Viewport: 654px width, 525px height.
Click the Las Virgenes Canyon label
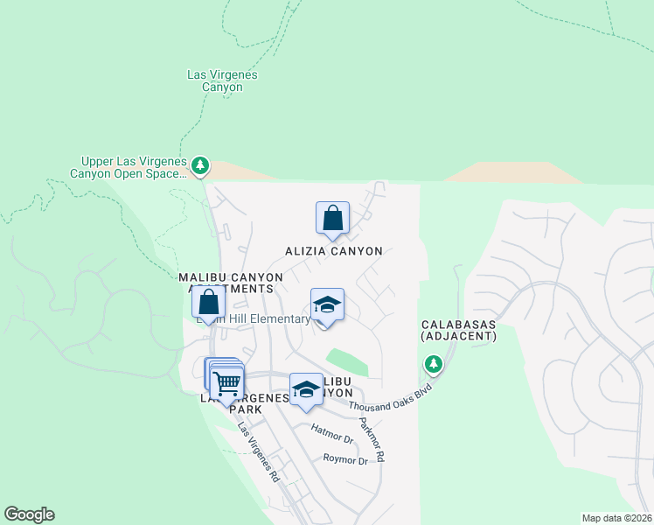pyautogui.click(x=223, y=80)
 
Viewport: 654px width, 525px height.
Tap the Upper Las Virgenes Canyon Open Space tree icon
pyautogui.click(x=200, y=164)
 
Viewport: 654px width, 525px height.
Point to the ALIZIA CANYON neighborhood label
pyautogui.click(x=334, y=251)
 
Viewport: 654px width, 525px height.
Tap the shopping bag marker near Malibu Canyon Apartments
pyautogui.click(x=209, y=303)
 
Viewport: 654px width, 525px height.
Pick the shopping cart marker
pyautogui.click(x=227, y=382)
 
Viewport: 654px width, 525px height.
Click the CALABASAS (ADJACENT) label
pyautogui.click(x=458, y=330)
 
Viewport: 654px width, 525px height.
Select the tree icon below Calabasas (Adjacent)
pyautogui.click(x=433, y=363)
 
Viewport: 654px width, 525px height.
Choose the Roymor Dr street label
pyautogui.click(x=345, y=459)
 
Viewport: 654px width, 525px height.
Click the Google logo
pyautogui.click(x=29, y=514)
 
